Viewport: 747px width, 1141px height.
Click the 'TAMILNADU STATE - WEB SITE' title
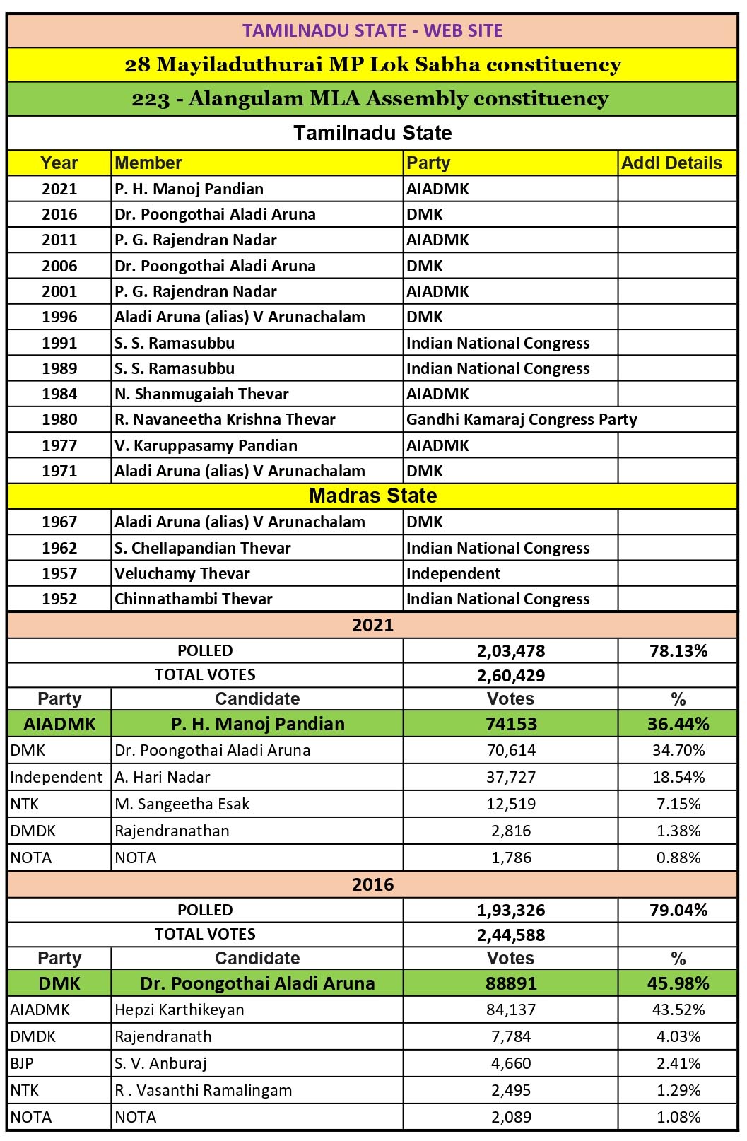click(372, 30)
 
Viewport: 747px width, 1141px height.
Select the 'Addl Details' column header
click(671, 163)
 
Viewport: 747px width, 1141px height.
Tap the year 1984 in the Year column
click(59, 394)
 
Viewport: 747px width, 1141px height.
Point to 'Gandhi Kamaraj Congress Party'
click(522, 419)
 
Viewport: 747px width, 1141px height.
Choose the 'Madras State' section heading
click(372, 496)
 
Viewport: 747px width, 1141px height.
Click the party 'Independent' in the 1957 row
click(453, 573)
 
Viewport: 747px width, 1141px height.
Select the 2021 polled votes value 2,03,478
click(511, 651)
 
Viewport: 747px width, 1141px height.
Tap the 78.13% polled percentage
click(678, 651)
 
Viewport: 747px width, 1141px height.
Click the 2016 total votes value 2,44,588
click(511, 935)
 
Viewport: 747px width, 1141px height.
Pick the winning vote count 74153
click(511, 724)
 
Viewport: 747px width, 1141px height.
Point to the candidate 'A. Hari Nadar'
click(163, 777)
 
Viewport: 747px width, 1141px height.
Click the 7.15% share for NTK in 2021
click(678, 804)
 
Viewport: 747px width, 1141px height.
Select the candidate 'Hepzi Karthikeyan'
click(180, 1010)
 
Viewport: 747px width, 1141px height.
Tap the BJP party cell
click(22, 1063)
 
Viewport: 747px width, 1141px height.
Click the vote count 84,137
click(511, 1010)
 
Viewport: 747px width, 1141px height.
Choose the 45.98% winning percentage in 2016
click(678, 983)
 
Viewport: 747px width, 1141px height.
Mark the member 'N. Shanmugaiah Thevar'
click(201, 394)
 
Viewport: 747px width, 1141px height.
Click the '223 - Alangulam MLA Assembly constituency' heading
click(370, 99)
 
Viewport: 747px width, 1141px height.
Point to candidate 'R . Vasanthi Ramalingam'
click(204, 1090)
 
